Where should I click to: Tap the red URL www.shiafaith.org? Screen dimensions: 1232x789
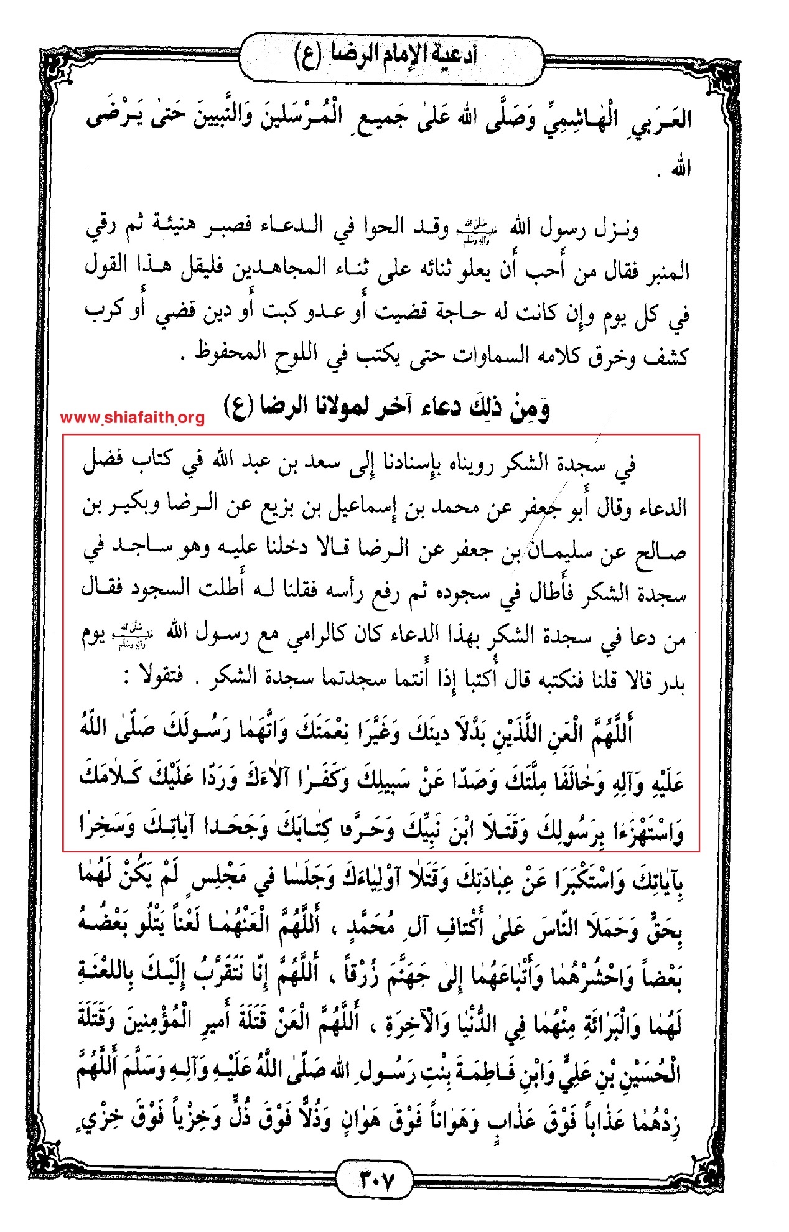133,418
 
